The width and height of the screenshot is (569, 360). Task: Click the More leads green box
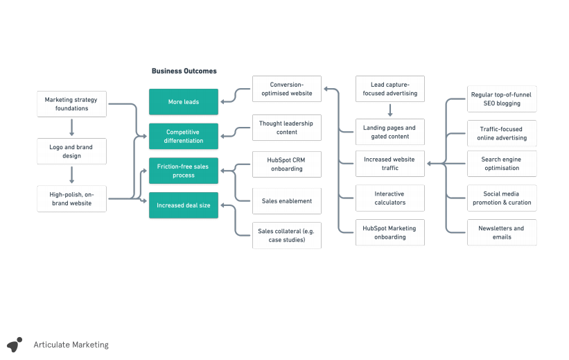click(x=183, y=102)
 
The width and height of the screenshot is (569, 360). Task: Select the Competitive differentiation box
click(x=183, y=136)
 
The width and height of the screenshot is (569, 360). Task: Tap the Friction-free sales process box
click(x=183, y=171)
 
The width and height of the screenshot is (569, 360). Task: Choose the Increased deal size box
click(x=183, y=205)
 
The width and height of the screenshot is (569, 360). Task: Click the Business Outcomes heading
click(x=184, y=71)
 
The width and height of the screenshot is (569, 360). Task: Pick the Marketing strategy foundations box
click(x=71, y=104)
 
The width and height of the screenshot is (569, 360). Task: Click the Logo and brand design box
click(x=71, y=151)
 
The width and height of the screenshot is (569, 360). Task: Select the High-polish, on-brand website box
click(x=71, y=198)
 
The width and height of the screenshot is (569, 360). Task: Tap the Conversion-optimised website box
click(x=286, y=89)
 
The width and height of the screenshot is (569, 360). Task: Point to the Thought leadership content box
click(x=286, y=128)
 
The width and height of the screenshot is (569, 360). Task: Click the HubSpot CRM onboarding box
click(x=286, y=164)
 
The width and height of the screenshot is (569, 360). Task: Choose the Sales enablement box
click(x=286, y=201)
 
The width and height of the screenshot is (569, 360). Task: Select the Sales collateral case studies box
click(x=286, y=236)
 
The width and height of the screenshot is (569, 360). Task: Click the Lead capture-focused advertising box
click(x=389, y=89)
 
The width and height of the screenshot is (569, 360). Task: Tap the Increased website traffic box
click(x=389, y=164)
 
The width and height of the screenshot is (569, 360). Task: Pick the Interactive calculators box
click(x=389, y=198)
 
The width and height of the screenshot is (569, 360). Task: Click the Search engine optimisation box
click(x=501, y=164)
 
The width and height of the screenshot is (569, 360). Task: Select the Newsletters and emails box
click(x=501, y=232)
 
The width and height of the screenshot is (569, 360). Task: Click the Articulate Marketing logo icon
click(x=15, y=344)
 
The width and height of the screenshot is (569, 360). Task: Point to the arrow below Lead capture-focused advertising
click(x=390, y=110)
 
